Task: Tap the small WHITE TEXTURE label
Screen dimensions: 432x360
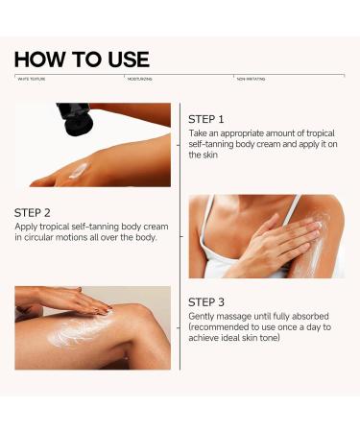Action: coord(31,79)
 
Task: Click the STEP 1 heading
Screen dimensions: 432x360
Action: coord(206,119)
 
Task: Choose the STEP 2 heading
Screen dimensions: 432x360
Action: coord(35,212)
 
